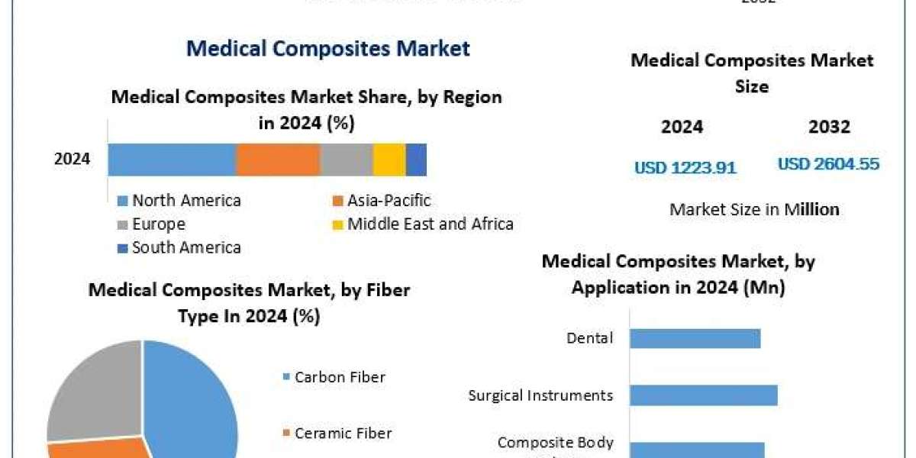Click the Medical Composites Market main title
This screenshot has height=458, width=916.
pyautogui.click(x=328, y=49)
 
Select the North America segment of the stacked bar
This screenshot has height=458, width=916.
pyautogui.click(x=172, y=159)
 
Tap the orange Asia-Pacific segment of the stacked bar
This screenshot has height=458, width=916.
pyautogui.click(x=278, y=159)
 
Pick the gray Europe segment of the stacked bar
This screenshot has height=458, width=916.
pyautogui.click(x=347, y=159)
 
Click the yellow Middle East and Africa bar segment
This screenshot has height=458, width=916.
pyautogui.click(x=389, y=159)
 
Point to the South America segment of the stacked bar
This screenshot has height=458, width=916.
pyautogui.click(x=416, y=159)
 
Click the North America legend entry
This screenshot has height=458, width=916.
pyautogui.click(x=179, y=201)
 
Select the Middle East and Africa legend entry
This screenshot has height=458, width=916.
pyautogui.click(x=423, y=224)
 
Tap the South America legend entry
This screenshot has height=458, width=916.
pyautogui.click(x=179, y=247)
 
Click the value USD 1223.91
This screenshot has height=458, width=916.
pyautogui.click(x=685, y=168)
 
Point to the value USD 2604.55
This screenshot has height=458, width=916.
pyautogui.click(x=828, y=164)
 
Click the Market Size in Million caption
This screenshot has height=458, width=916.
pyautogui.click(x=754, y=209)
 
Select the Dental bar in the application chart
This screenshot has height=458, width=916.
pyautogui.click(x=695, y=337)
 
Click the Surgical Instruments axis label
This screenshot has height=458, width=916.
pyautogui.click(x=540, y=395)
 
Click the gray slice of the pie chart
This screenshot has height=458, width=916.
pyautogui.click(x=92, y=389)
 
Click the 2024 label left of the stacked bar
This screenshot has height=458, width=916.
pyautogui.click(x=72, y=160)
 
